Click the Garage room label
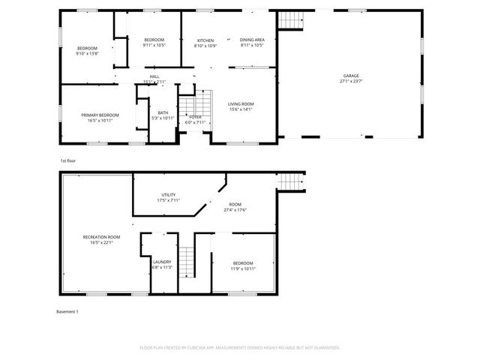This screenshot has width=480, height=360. coord(350,76)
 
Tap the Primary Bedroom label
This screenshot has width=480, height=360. coord(100,115)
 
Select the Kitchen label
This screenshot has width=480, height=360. coord(205,40)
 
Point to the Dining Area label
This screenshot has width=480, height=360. coord(252,40)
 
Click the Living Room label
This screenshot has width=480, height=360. coord(241,104)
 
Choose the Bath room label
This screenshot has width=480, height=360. coord(163,112)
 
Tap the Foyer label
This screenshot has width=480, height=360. coord(194,117)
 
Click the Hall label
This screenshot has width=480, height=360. coord(154,76)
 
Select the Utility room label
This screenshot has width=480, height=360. coord(168,195)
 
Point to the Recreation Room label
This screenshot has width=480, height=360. coord(100,237)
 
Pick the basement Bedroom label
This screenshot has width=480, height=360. coord(243,262)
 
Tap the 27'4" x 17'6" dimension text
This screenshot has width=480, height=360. coord(235,210)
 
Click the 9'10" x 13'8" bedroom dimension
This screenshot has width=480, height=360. coord(87,54)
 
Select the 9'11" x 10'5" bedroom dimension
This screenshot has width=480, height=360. coord(154,45)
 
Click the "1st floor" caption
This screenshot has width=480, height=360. coord(68,160)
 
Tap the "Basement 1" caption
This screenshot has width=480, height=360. coord(67,311)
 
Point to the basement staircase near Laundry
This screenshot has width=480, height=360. coord(187,262)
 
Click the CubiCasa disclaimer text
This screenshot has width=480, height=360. coord(239,348)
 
